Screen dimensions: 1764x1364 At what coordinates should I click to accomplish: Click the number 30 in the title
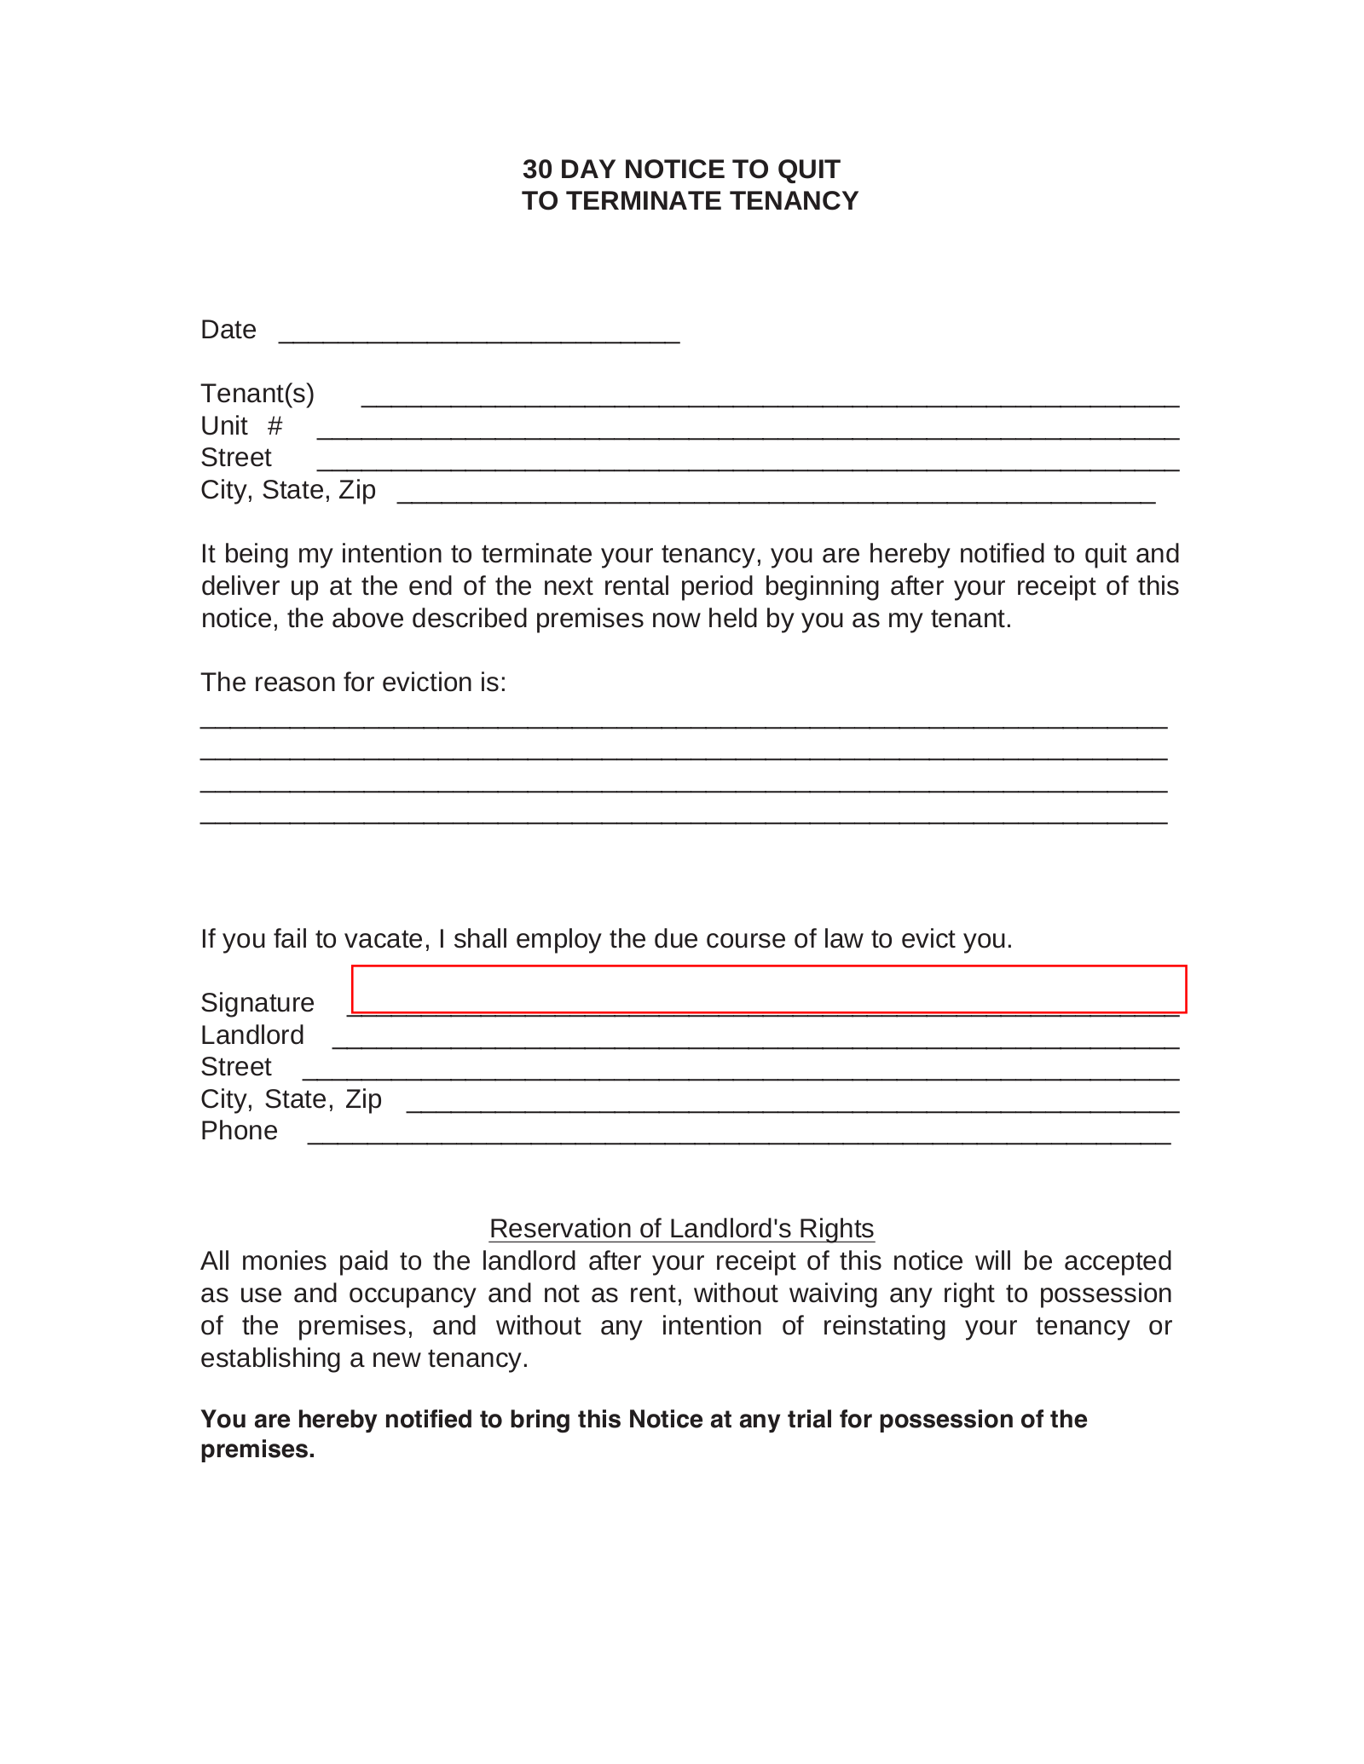537,170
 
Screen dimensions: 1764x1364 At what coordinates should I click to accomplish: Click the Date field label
228,330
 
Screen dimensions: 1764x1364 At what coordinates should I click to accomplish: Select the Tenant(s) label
257,394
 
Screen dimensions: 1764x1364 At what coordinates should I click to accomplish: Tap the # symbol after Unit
275,426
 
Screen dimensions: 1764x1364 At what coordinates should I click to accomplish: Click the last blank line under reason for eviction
683,821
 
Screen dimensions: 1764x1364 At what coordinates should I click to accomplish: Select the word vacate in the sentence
386,939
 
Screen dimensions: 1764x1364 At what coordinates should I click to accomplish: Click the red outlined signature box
768,989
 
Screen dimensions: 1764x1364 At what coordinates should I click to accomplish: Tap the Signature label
257,1003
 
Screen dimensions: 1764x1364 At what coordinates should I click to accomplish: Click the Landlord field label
252,1035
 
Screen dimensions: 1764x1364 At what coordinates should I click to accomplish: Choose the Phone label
239,1131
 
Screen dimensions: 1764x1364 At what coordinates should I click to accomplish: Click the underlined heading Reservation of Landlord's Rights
681,1229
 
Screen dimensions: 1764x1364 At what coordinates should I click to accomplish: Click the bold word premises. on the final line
257,1450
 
